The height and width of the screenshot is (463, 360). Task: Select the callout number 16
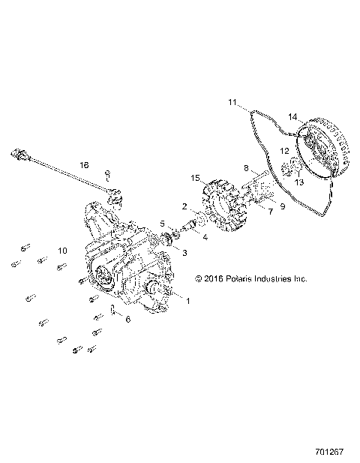(84, 164)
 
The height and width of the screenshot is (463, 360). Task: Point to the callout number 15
(195, 179)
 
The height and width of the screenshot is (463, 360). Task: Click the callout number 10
(63, 250)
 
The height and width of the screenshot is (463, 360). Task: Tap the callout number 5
(161, 224)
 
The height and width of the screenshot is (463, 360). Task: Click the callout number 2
(184, 206)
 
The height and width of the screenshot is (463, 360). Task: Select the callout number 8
(245, 168)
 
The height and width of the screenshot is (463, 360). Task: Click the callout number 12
(284, 151)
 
